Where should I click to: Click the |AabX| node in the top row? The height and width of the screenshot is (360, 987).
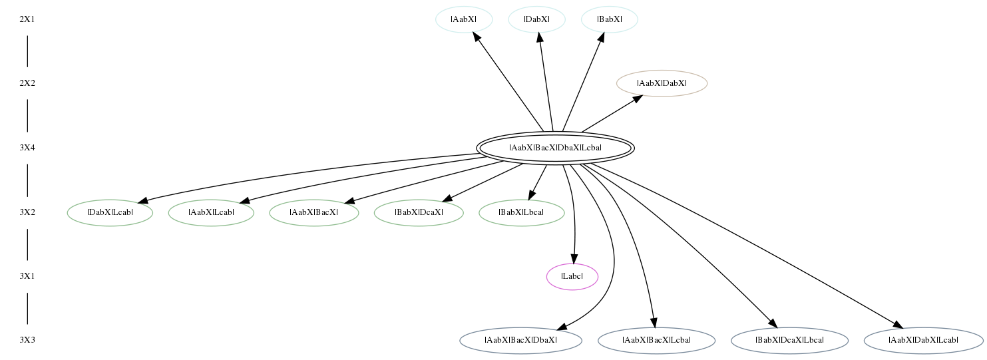(464, 19)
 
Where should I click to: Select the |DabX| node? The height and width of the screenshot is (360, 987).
(536, 19)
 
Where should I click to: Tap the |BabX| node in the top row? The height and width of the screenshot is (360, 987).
(610, 19)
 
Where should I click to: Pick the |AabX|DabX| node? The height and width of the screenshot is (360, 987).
(662, 83)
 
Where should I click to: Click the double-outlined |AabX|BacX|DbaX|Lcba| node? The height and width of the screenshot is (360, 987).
(555, 148)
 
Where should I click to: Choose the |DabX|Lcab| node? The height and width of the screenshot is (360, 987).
(110, 213)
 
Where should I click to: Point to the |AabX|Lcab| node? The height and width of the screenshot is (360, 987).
(211, 213)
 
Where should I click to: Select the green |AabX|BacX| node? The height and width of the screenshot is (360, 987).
(314, 213)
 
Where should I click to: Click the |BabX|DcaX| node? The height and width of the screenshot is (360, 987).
(419, 213)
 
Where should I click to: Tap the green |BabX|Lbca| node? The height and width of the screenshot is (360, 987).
(522, 213)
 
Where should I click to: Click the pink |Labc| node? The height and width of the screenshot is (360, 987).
(572, 277)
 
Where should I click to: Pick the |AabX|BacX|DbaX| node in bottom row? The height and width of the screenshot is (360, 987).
(521, 341)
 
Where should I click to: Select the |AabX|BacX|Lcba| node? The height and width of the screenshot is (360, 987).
(656, 341)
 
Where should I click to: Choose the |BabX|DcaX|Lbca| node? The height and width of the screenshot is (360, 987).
(789, 341)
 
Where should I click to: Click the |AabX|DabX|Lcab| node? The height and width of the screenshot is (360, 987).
(924, 341)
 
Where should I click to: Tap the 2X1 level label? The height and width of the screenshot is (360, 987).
(27, 19)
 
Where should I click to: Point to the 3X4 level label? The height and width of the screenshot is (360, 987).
(27, 148)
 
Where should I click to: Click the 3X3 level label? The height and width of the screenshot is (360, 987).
(27, 341)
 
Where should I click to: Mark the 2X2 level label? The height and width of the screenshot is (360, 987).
(27, 83)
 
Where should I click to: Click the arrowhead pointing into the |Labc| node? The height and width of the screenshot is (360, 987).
(574, 259)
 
